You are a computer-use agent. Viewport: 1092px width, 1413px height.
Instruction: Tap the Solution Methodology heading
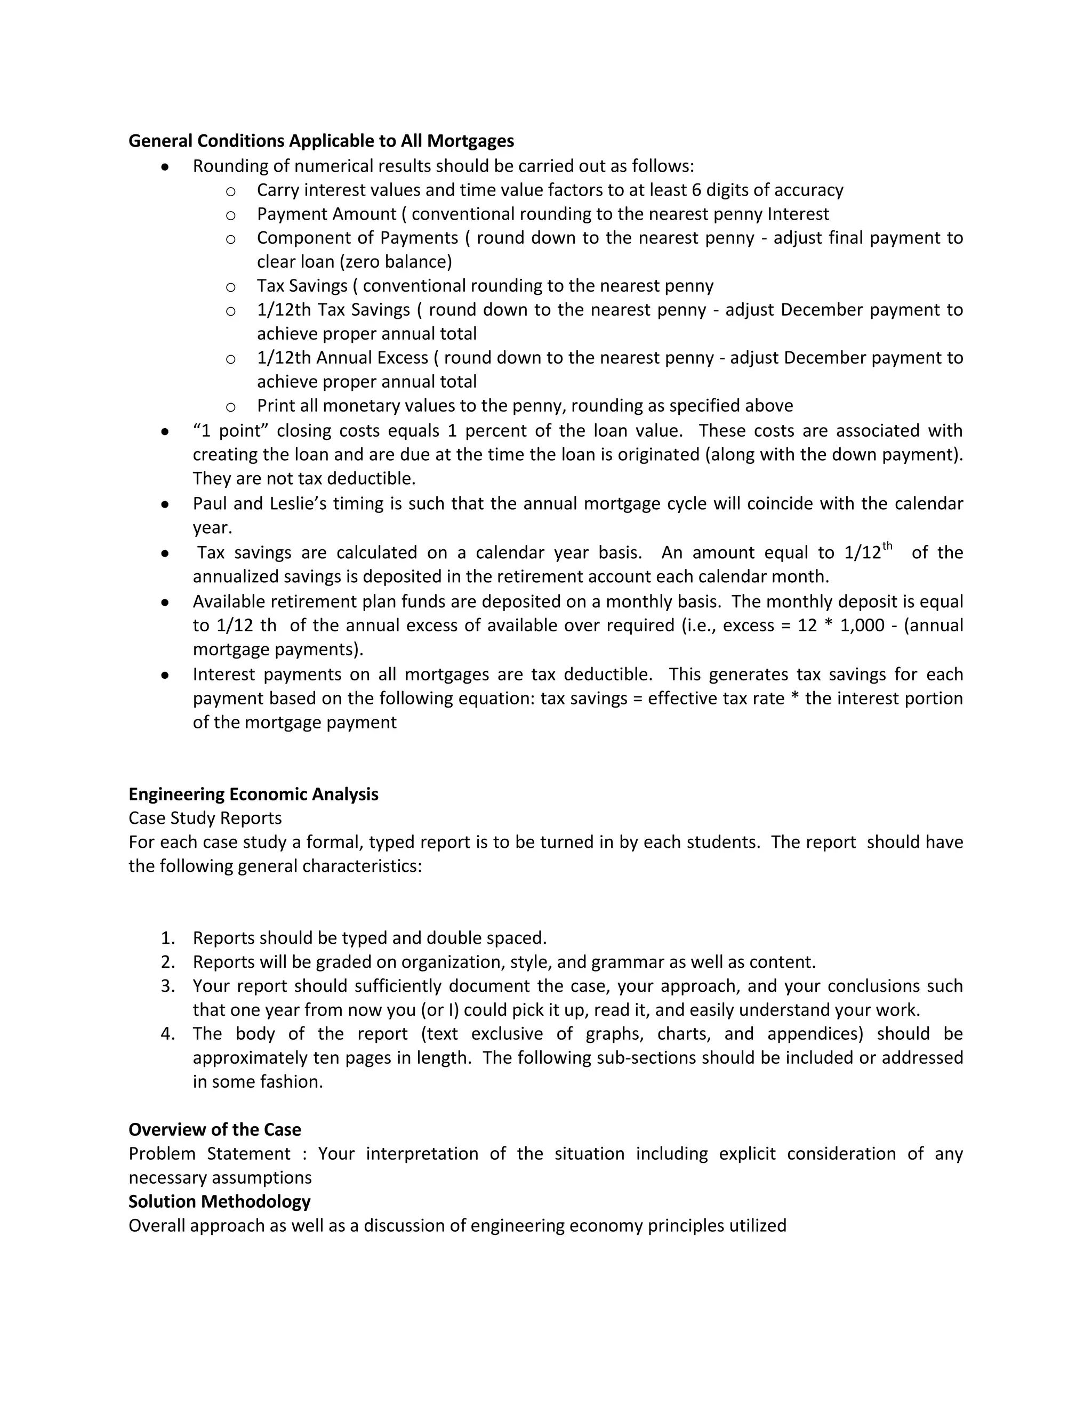tap(219, 1201)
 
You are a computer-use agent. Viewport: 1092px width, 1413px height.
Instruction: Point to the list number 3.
tap(167, 985)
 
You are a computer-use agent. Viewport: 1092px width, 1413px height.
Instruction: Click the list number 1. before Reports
tap(167, 937)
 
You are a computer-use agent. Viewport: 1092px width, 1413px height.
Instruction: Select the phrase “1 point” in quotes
tap(230, 430)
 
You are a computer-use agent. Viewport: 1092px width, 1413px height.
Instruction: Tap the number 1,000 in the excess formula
tap(862, 625)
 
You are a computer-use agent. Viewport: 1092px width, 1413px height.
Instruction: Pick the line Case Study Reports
tap(205, 818)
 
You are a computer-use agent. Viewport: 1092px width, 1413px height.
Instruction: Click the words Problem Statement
tap(209, 1153)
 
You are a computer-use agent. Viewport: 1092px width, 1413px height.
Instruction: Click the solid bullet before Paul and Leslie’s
tap(166, 504)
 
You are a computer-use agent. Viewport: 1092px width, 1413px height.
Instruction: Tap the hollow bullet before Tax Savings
tap(230, 287)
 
